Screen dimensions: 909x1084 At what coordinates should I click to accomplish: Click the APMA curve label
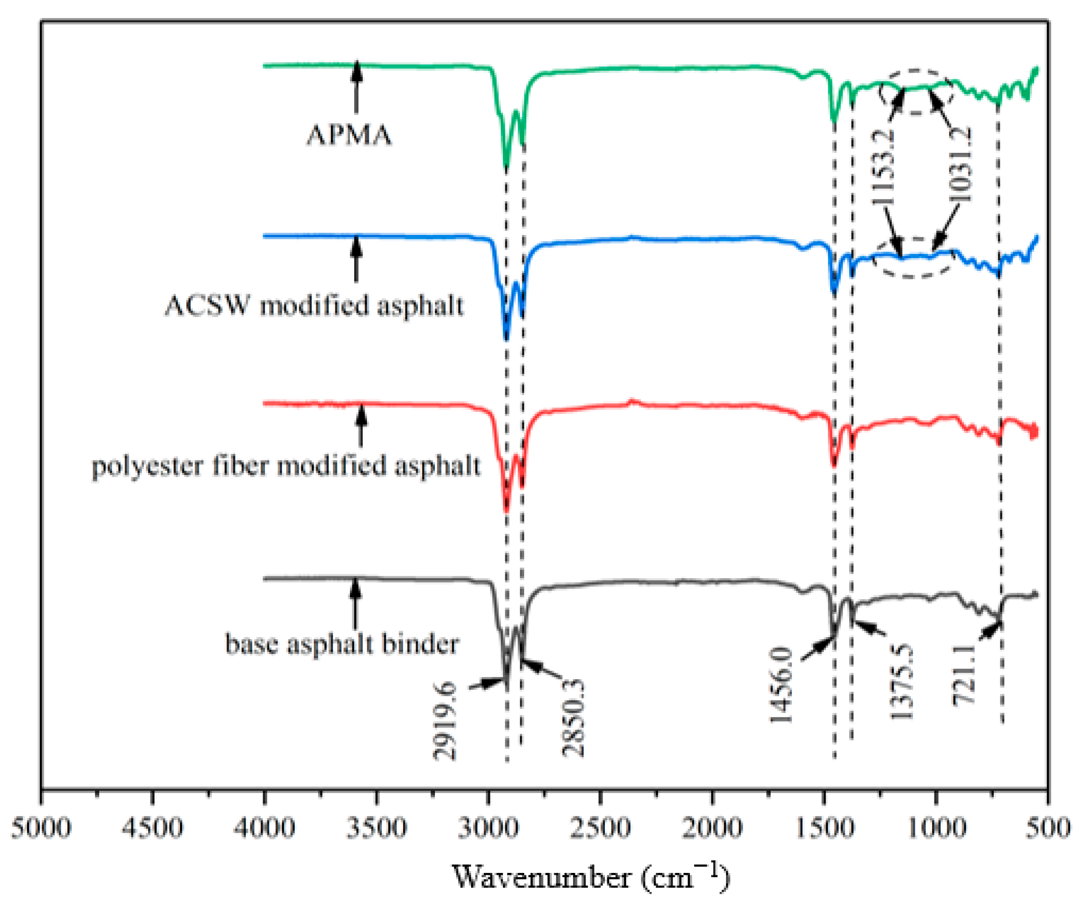[349, 135]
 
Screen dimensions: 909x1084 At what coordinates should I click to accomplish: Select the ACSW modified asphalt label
[314, 305]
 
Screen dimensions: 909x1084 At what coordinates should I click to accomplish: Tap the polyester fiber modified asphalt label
[286, 466]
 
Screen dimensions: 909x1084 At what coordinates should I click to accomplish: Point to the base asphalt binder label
[342, 644]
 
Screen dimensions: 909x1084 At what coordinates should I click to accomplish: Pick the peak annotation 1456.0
[781, 684]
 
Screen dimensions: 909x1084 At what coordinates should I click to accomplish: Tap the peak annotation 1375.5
[902, 681]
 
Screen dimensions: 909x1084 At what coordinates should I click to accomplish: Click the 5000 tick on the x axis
[41, 827]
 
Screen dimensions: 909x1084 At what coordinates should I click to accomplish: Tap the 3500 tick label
[377, 827]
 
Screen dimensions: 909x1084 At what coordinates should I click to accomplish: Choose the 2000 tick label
[712, 827]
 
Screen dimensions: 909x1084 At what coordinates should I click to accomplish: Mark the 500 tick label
[1049, 827]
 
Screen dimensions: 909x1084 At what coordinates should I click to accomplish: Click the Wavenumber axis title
[591, 876]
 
